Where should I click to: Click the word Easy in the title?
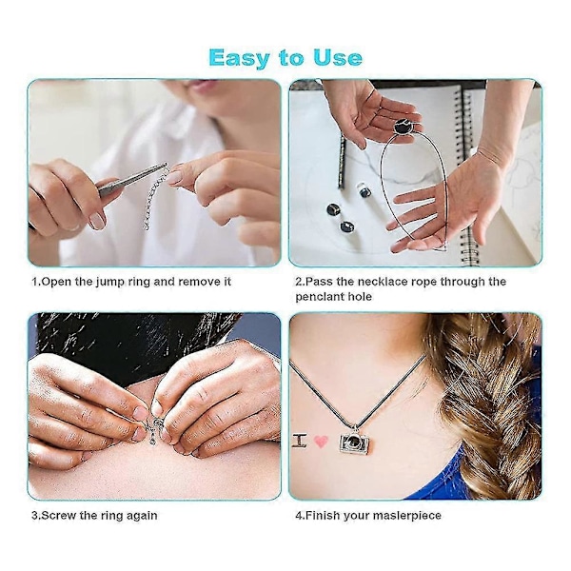pos(239,58)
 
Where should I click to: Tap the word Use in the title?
pos(338,58)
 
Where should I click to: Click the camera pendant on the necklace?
pos(354,443)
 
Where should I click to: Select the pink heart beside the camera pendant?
pos(322,442)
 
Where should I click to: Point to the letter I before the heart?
pos(300,441)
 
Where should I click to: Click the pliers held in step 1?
pos(133,179)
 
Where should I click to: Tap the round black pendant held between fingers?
pos(403,128)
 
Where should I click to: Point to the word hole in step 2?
pos(360,296)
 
